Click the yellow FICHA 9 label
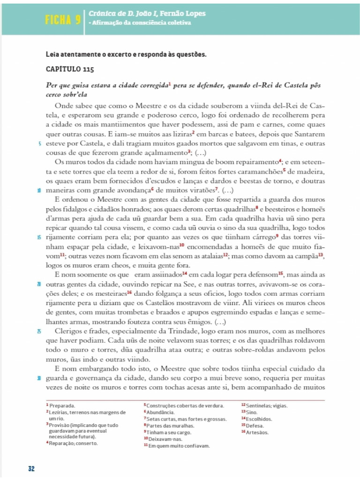click(x=61, y=20)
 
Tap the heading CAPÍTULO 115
click(x=70, y=69)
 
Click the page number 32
click(x=31, y=468)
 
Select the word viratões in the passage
click(x=202, y=190)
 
